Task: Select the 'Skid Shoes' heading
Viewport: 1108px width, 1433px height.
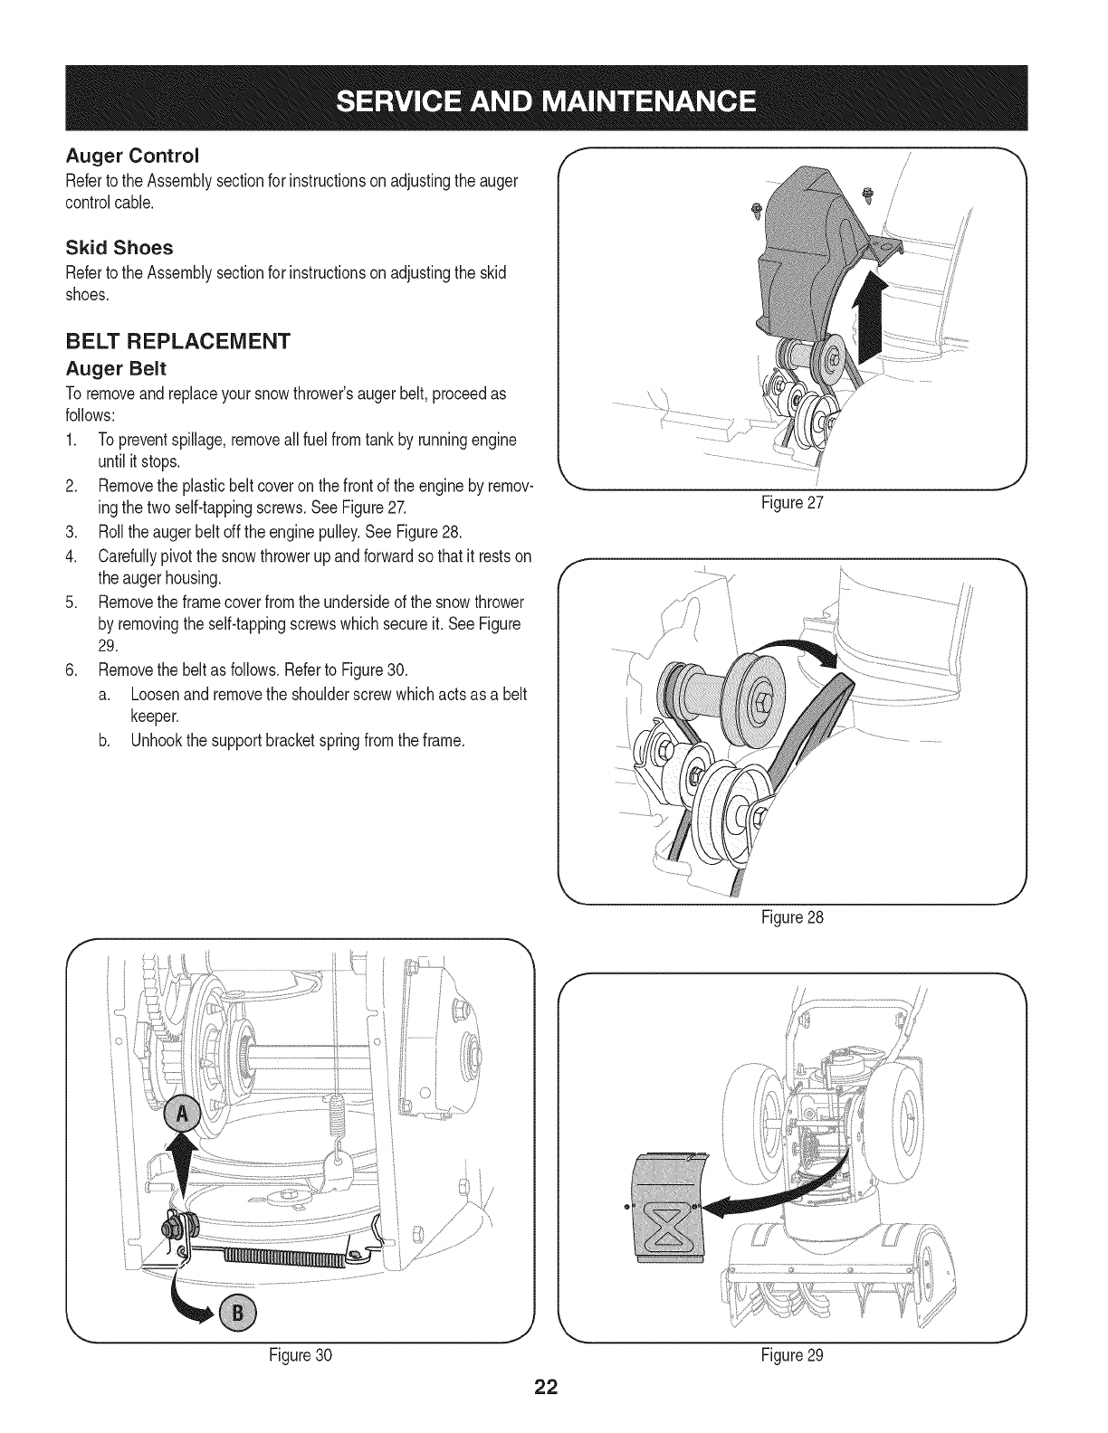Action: coord(119,247)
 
